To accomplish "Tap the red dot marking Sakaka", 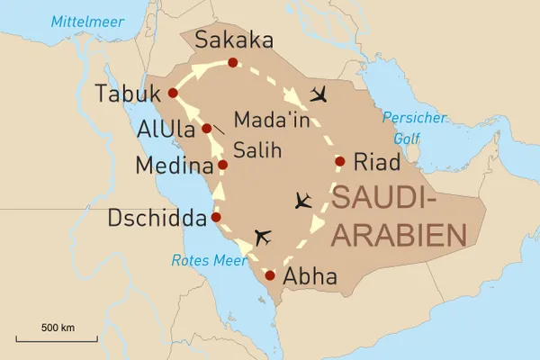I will click(233, 62).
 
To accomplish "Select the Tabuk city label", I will click(126, 93).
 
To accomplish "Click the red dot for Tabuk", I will click(173, 92).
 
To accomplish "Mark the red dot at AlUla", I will click(207, 129).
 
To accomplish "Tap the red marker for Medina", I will click(222, 165).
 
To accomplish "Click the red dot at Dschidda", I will click(216, 217).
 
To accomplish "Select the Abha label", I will click(310, 276).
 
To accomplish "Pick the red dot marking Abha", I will click(270, 275).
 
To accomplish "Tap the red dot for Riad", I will click(340, 162).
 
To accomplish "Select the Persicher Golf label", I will click(406, 127).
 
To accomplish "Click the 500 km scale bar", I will click(57, 340).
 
